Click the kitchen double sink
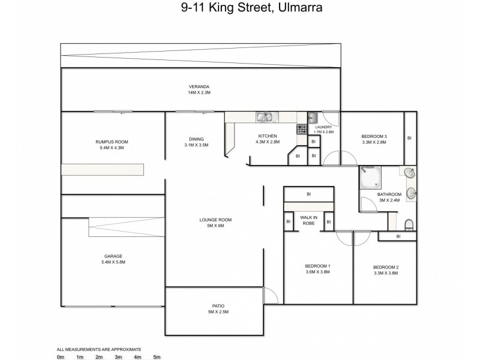coord(264,117)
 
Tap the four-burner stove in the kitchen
coord(302,128)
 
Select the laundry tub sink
coord(312,117)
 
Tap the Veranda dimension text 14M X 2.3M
coord(199,93)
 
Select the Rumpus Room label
coord(112,142)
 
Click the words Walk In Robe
coord(308,220)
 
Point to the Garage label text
coord(113,256)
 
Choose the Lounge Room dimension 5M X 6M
coord(215,226)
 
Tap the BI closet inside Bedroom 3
coord(409,138)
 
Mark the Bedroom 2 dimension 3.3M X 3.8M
coord(385,273)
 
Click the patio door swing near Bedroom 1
coord(270,296)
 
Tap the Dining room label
coord(196,139)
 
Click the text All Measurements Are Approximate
coord(99,349)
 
